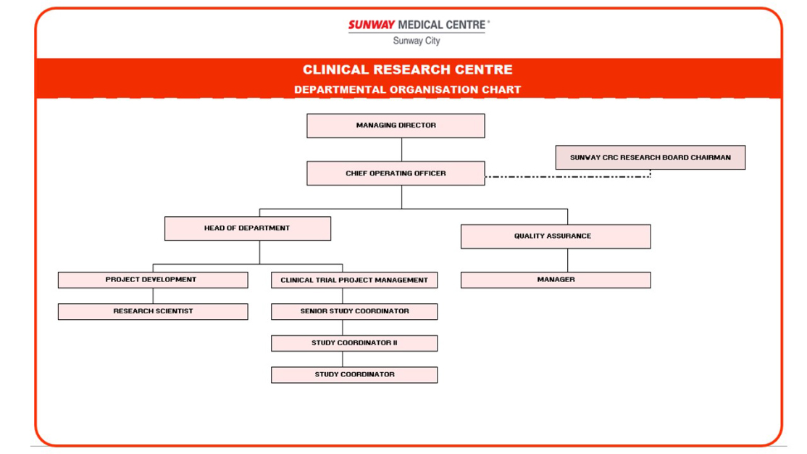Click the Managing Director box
tap(396, 125)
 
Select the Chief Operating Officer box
tap(396, 173)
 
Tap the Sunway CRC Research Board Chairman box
tap(650, 157)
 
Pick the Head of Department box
tap(248, 228)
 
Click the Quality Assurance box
tap(556, 236)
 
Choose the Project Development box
tap(153, 280)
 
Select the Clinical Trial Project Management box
tap(354, 280)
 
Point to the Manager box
tap(556, 280)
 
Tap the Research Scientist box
tap(153, 311)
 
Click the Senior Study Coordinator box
tap(354, 311)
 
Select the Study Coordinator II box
tap(354, 343)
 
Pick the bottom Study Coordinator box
tap(354, 375)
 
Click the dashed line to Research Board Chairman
tap(568, 177)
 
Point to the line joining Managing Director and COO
tap(401, 149)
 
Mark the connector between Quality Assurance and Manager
tap(568, 260)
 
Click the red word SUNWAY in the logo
tap(371, 25)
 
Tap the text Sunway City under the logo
tap(417, 41)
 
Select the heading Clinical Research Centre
tap(408, 70)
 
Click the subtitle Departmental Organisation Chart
tap(408, 90)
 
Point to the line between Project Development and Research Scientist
tap(153, 296)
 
